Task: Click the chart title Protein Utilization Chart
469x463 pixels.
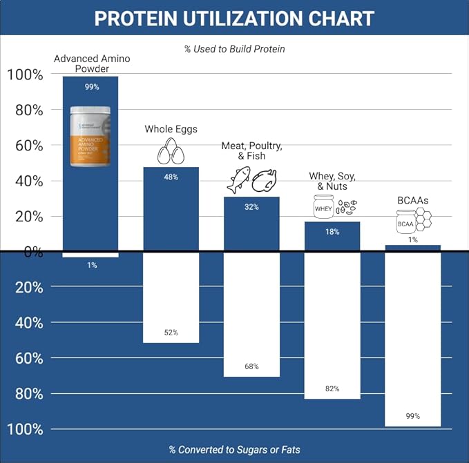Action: tap(234, 19)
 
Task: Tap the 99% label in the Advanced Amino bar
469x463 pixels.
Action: tap(92, 87)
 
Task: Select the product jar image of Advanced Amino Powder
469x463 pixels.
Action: tap(91, 137)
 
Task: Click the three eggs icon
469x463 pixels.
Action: tap(171, 151)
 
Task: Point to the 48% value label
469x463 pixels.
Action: tap(171, 177)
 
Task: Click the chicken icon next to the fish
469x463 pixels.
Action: tap(264, 181)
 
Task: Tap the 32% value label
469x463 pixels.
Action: tap(251, 207)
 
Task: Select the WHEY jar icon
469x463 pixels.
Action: tap(323, 206)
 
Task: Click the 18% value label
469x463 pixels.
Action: tap(332, 232)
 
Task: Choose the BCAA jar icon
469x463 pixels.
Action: tap(406, 223)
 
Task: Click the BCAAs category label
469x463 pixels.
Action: tap(412, 201)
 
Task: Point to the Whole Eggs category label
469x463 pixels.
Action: tap(171, 129)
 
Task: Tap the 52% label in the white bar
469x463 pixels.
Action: tap(171, 333)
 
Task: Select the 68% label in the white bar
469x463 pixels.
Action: tap(251, 366)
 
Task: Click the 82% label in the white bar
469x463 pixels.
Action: tap(332, 388)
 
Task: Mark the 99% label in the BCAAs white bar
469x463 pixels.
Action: tap(412, 417)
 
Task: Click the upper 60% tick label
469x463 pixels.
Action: tap(26, 146)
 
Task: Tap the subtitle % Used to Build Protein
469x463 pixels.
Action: tap(235, 49)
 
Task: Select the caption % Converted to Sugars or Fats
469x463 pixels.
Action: tap(235, 449)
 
